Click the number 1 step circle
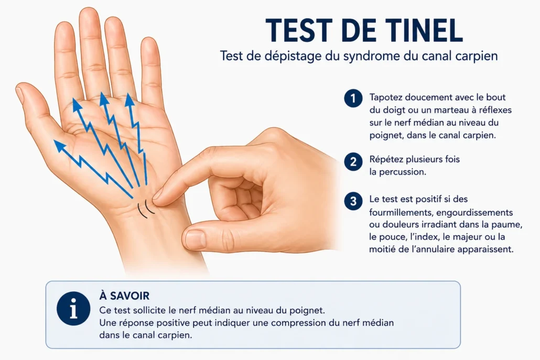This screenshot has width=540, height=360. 353,98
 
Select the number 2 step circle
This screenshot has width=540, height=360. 353,161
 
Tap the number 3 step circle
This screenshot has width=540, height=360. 353,201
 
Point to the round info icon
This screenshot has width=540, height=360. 73,308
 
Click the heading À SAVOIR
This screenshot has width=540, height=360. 124,296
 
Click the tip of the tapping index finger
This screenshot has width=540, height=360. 156,195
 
